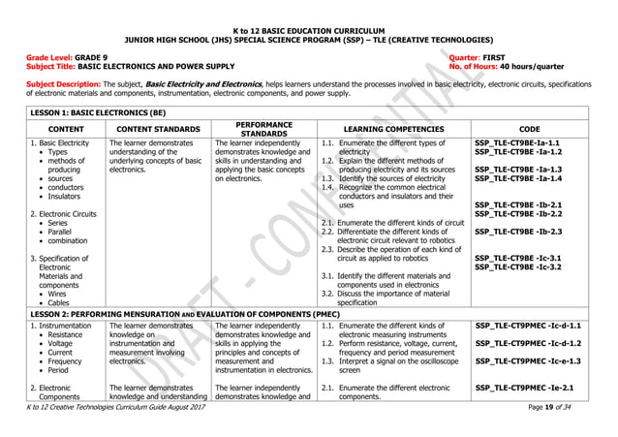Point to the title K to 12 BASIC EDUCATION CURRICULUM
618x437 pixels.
pos(308,31)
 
